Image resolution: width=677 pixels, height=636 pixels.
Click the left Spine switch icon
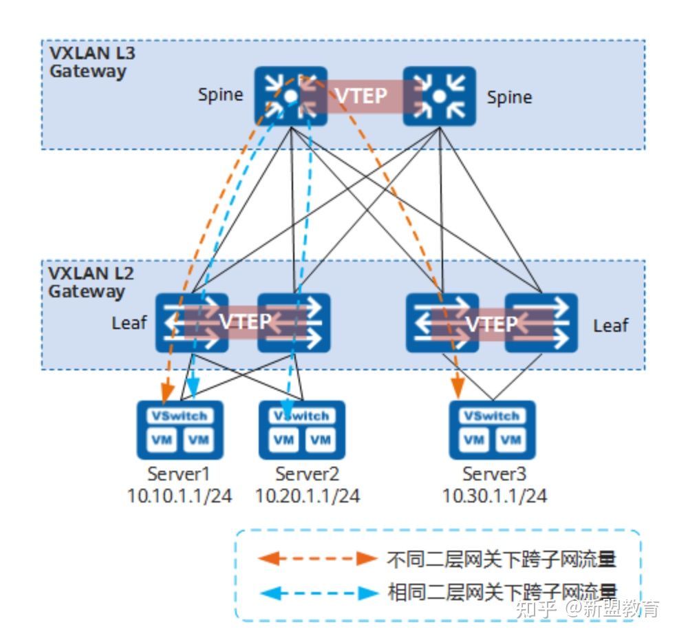tap(290, 96)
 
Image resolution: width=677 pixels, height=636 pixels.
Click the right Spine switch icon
tap(439, 96)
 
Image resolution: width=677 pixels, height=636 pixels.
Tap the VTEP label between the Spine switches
tap(361, 96)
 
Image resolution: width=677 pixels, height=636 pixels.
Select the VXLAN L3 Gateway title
tap(87, 62)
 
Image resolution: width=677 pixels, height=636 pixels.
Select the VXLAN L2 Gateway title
tap(87, 282)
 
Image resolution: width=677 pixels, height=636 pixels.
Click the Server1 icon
tap(180, 430)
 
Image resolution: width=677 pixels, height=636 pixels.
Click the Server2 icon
tap(301, 430)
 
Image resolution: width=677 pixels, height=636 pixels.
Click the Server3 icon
tap(492, 430)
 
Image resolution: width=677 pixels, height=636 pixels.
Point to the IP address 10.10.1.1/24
tap(179, 496)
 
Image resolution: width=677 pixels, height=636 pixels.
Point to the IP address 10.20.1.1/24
tap(307, 496)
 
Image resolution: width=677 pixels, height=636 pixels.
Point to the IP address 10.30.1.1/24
tap(494, 496)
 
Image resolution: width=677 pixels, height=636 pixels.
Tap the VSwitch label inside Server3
tap(491, 416)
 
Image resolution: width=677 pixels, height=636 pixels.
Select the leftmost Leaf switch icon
tap(191, 323)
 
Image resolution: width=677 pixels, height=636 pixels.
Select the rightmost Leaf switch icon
tap(541, 323)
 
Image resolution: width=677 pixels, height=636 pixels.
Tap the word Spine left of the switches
tap(220, 95)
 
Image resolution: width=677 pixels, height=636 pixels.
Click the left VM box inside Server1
tap(162, 440)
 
